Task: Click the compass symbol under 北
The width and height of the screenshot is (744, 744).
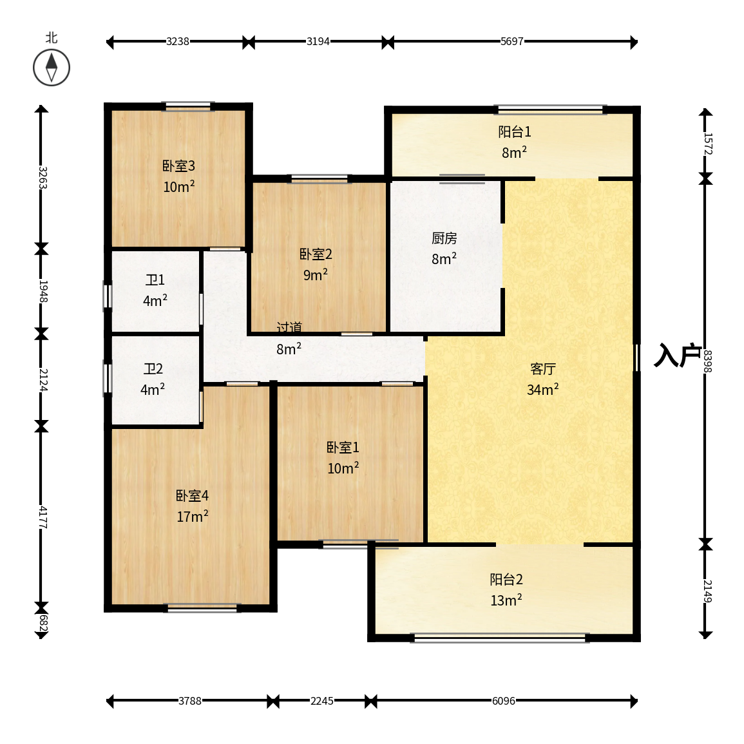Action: pos(52,68)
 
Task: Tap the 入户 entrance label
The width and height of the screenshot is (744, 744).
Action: pos(677,355)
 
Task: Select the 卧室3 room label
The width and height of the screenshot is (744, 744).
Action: pos(179,166)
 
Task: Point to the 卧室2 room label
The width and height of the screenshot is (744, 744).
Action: pos(316,254)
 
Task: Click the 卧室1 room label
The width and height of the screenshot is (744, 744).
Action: pos(343,447)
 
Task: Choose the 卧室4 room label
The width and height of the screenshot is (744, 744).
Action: pos(192,495)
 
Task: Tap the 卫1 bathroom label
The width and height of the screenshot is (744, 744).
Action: pos(155,280)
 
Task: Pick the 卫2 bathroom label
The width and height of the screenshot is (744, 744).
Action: pos(153,368)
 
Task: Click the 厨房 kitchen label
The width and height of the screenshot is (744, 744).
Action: pos(444,238)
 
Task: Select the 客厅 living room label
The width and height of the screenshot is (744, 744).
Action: pos(543,368)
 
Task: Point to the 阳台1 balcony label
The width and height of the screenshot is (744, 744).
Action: pos(514,131)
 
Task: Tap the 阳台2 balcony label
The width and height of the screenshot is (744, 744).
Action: pos(506,579)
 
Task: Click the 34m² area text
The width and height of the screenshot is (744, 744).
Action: pos(543,390)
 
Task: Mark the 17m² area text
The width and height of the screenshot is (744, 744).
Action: pos(192,516)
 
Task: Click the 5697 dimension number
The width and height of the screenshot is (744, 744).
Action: pos(512,42)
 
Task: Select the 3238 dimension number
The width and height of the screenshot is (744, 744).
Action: pos(178,42)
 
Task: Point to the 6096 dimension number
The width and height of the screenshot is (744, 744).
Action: pos(504,701)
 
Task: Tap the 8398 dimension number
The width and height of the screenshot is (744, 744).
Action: pos(707,361)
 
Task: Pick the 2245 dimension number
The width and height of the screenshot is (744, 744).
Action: pos(321,701)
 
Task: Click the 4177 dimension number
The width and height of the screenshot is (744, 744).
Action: pos(43,517)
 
